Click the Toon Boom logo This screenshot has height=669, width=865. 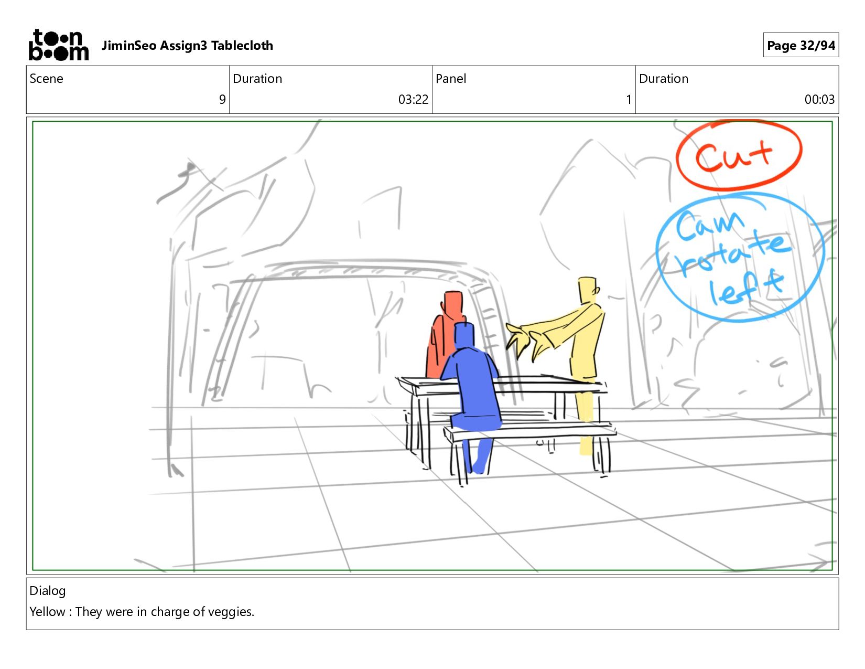(59, 45)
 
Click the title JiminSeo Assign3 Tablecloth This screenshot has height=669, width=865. (187, 46)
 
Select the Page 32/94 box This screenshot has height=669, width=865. (801, 45)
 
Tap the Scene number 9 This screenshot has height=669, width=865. (222, 99)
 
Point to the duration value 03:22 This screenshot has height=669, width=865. (413, 99)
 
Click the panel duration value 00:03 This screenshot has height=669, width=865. (819, 99)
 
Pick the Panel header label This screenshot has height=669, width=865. (451, 79)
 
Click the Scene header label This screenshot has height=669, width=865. (46, 79)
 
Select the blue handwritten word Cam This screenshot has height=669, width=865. (709, 226)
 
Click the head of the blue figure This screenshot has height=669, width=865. (464, 335)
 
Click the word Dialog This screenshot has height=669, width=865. (47, 591)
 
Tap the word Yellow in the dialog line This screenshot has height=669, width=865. (47, 612)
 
